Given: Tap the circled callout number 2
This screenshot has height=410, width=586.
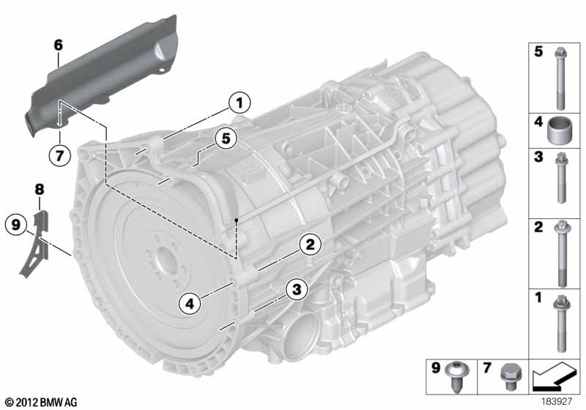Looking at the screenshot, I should pyautogui.click(x=311, y=244).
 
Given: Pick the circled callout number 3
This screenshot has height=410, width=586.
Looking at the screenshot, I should pyautogui.click(x=295, y=291).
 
